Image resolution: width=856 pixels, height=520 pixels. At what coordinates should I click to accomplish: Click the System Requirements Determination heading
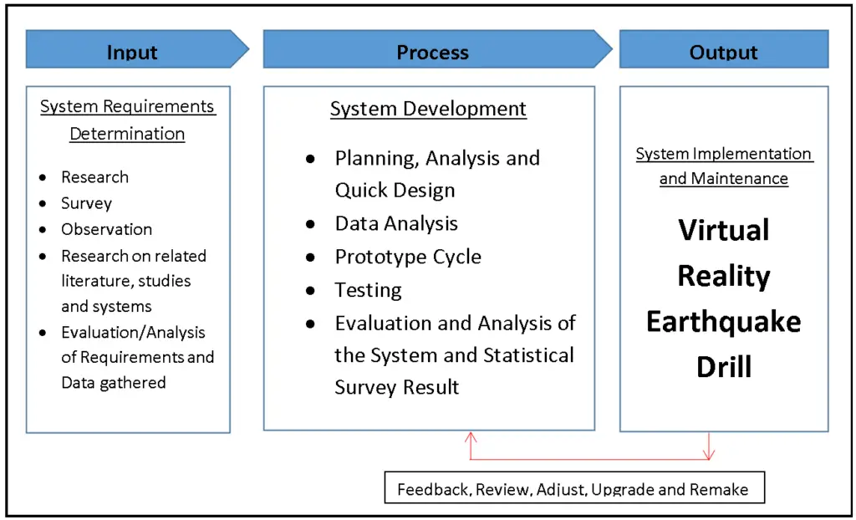click(128, 120)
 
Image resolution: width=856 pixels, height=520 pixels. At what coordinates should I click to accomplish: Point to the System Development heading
click(428, 109)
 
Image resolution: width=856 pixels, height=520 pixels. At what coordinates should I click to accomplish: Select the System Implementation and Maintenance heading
click(724, 166)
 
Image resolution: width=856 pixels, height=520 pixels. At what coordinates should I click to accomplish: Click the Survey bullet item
click(86, 203)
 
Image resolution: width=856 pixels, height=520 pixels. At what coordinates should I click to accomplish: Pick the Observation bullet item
click(106, 229)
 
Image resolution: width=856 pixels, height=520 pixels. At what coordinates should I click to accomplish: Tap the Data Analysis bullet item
click(396, 223)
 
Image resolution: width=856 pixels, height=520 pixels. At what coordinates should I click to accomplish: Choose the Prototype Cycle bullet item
click(408, 257)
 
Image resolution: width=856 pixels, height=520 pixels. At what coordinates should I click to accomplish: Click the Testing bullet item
click(368, 290)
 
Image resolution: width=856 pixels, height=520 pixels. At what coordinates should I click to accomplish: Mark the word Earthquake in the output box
click(724, 322)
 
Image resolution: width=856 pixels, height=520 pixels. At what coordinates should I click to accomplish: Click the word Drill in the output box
click(724, 367)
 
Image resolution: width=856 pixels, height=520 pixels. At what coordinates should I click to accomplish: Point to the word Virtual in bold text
click(724, 230)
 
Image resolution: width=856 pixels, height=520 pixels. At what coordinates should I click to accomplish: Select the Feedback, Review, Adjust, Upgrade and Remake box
click(574, 489)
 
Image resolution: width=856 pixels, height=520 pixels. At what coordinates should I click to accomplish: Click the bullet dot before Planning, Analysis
click(311, 159)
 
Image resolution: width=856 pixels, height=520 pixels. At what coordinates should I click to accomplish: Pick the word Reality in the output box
click(724, 276)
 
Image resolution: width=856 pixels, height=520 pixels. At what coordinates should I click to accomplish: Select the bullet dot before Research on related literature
click(43, 257)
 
